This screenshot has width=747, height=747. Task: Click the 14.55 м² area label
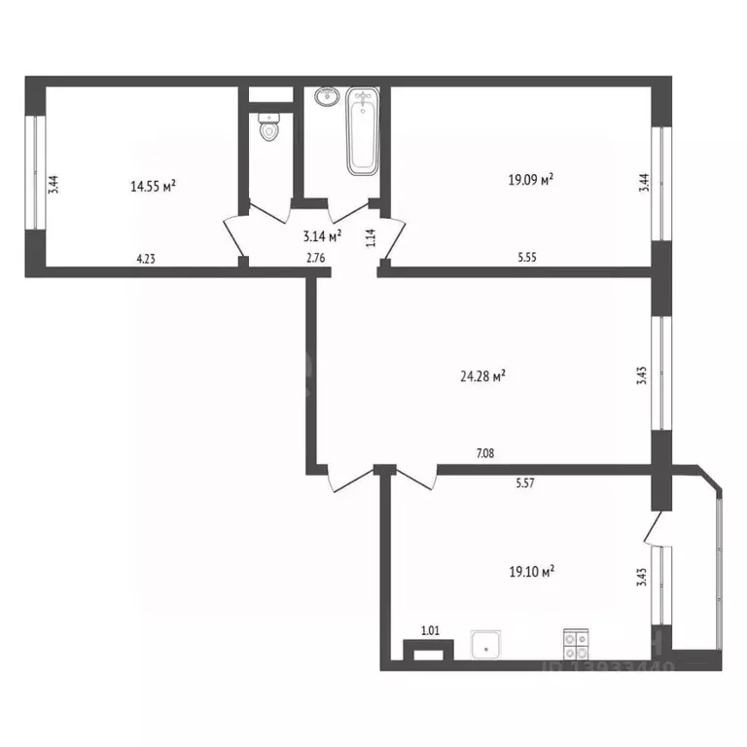153,186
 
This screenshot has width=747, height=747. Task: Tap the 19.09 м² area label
531,179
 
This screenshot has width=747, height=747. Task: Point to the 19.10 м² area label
531,573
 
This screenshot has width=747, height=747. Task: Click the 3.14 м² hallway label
322,235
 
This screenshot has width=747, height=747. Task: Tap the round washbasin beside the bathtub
326,97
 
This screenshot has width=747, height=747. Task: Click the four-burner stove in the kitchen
575,645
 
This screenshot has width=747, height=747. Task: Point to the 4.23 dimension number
146,259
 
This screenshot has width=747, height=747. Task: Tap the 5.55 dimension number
530,259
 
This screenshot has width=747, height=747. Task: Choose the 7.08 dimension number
486,452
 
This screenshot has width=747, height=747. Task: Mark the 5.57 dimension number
527,480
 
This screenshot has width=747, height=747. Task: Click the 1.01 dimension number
429,631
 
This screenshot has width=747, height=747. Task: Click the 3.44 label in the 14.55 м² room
54,185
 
